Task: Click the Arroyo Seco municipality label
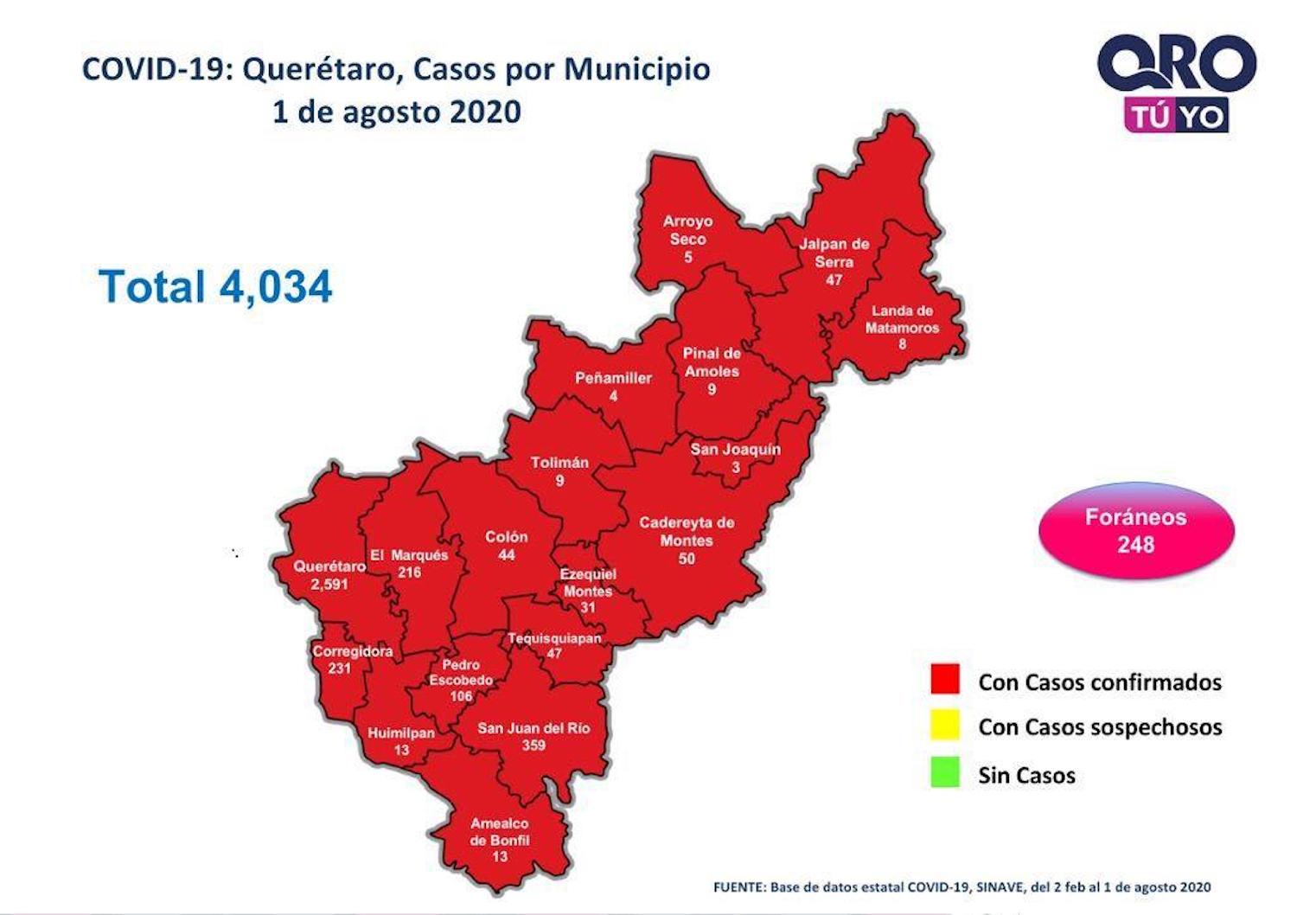pos(687,230)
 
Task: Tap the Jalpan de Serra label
pos(834,253)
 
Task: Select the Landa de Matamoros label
pos(902,319)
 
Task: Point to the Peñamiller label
pos(613,378)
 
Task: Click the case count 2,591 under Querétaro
pos(329,585)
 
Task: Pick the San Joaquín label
pos(735,449)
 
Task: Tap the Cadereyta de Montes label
pos(687,532)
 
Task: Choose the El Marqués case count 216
pos(409,573)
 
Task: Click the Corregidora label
pos(352,651)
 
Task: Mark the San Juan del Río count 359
pos(533,745)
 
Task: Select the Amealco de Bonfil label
pos(499,832)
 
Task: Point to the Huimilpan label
pos(401,733)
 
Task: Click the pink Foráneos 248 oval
pos(1136,530)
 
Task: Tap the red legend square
pos(945,679)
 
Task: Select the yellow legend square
pos(945,725)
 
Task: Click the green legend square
pos(945,772)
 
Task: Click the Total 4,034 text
pos(215,286)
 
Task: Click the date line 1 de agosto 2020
pos(396,112)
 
